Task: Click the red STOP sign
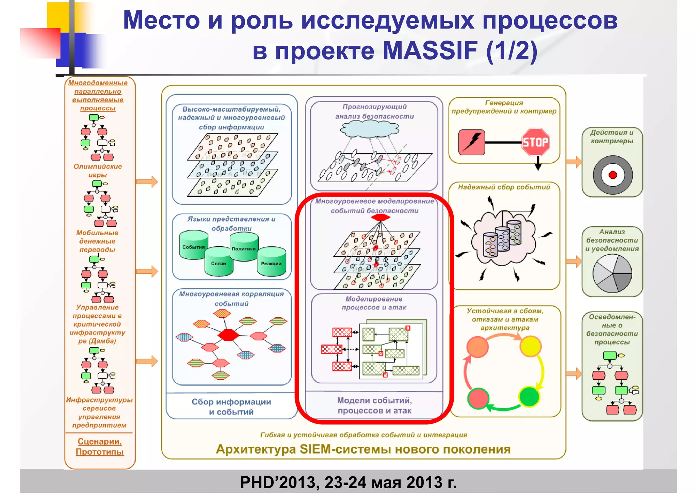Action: pos(535,142)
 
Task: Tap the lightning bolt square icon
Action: pos(471,142)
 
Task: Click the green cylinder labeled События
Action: pos(194,245)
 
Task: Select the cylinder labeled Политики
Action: pos(244,247)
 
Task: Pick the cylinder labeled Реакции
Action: pos(271,262)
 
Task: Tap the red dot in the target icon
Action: pos(613,175)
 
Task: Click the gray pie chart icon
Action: pos(612,273)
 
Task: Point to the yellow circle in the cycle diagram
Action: pos(530,346)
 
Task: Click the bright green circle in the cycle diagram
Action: pos(529,397)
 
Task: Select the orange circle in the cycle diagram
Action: pos(477,347)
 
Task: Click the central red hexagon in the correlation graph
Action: pos(228,335)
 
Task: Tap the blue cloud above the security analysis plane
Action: pos(370,129)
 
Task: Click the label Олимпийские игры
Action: pos(98,171)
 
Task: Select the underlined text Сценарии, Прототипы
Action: pos(99,447)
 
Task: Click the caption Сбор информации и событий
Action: pos(231,407)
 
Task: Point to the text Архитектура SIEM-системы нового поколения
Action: pos(363,449)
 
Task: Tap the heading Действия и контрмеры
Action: pos(612,137)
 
